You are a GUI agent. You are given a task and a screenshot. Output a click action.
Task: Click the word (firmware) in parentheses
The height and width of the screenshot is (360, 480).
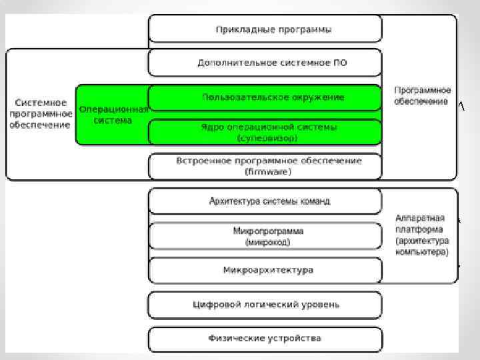pyautogui.click(x=268, y=171)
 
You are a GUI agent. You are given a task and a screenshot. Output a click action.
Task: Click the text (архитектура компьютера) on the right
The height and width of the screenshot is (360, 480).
pyautogui.click(x=422, y=246)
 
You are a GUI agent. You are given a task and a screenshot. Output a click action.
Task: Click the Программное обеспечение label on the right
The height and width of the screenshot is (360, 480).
pyautogui.click(x=422, y=95)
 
